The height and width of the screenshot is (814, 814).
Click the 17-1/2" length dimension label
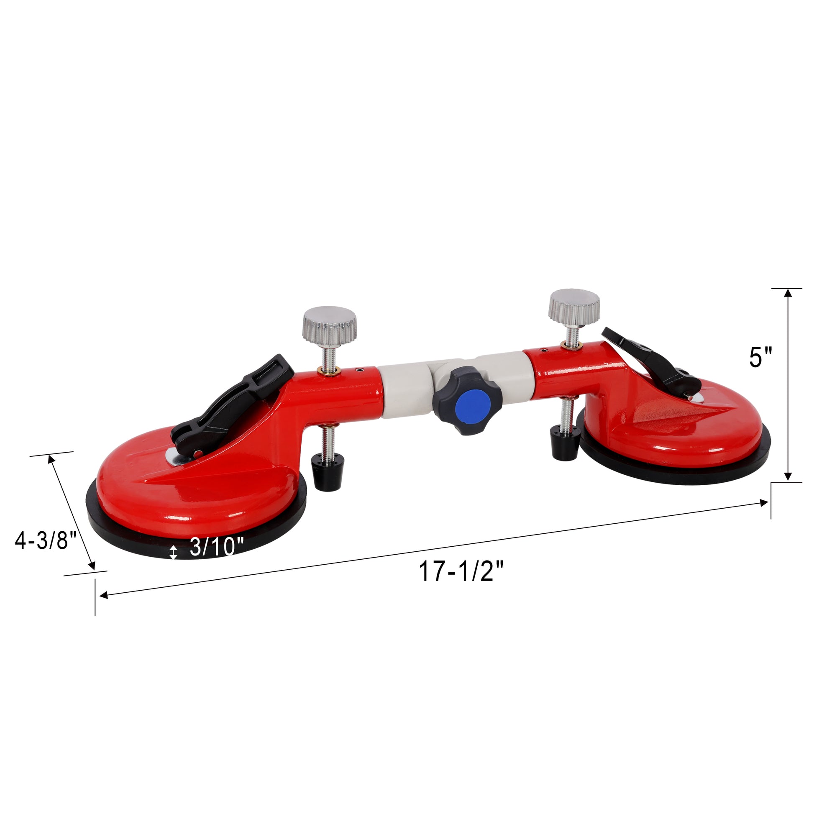tap(461, 573)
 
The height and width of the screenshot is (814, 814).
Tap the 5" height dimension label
tap(760, 358)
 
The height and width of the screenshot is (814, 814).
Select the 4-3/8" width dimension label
tap(46, 540)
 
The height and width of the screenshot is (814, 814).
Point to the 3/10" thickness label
tap(217, 547)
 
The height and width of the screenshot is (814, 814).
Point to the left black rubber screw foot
tap(328, 474)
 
